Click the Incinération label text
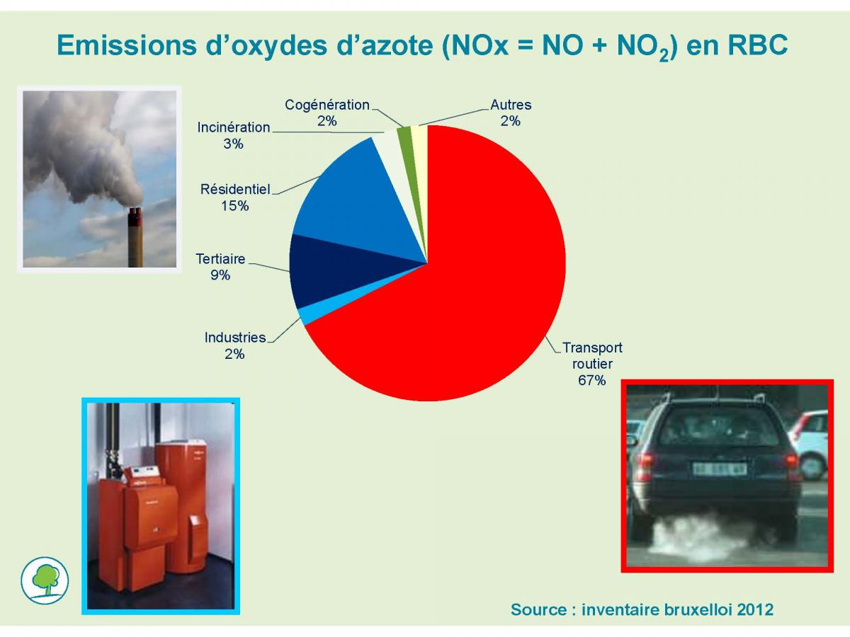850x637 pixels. pyautogui.click(x=234, y=127)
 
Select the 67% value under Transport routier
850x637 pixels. pyautogui.click(x=591, y=381)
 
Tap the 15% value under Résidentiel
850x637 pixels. pyautogui.click(x=234, y=206)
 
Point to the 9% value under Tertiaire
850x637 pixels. pyautogui.click(x=220, y=275)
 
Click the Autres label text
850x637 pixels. pyautogui.click(x=511, y=105)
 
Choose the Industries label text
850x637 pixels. pyautogui.click(x=235, y=338)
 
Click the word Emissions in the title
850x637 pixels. pyautogui.click(x=127, y=45)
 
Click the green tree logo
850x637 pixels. pyautogui.click(x=45, y=580)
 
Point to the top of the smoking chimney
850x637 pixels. pyautogui.click(x=135, y=211)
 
